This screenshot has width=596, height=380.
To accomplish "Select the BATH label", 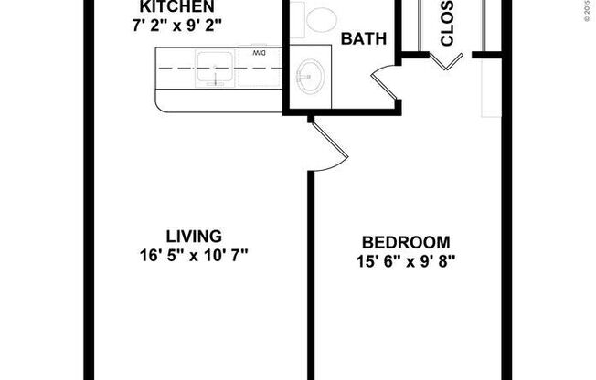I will [x=363, y=39].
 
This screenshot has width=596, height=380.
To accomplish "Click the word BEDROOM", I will [x=406, y=242].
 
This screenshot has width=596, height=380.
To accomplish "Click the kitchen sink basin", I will [x=216, y=68].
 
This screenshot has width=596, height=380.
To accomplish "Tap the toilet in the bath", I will [x=321, y=18].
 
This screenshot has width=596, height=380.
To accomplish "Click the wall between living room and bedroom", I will [x=311, y=274].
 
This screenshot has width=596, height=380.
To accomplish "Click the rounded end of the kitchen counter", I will [x=165, y=99].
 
